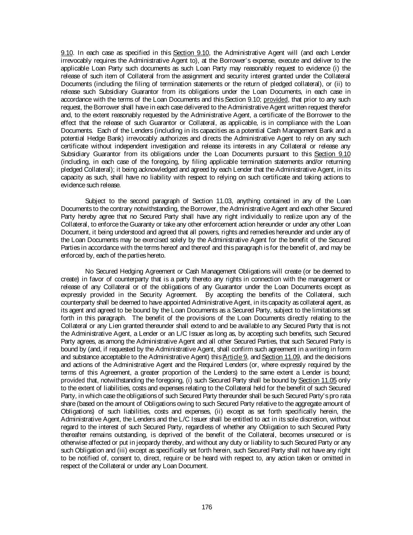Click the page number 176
click(207, 507)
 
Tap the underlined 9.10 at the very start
click(66, 53)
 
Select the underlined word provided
click(276, 100)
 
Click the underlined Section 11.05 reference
click(318, 380)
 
